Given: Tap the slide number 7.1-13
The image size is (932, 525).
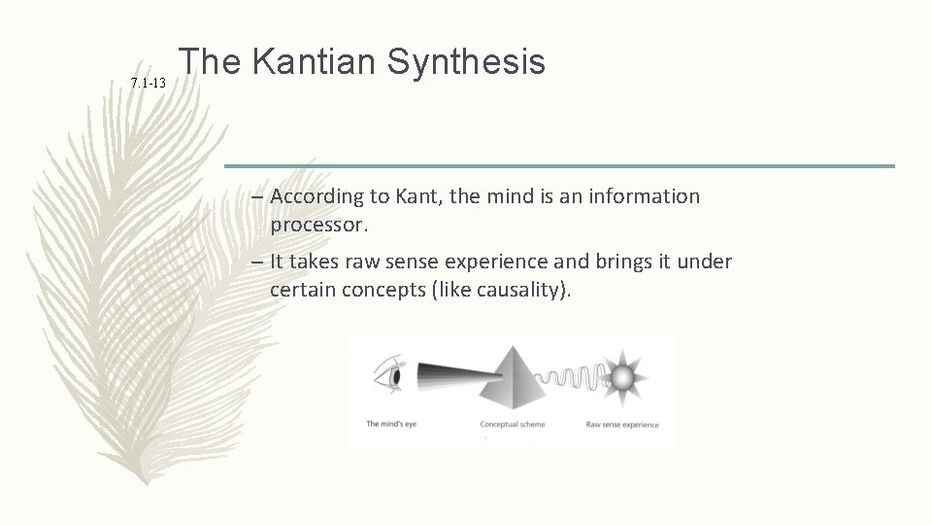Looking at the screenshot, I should click(149, 86).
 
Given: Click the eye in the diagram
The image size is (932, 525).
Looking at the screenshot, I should click(384, 375).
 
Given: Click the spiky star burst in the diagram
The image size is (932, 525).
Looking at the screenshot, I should click(621, 376).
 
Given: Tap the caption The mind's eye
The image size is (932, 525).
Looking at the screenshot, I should click(392, 424).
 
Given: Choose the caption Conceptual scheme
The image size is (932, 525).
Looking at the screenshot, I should click(513, 424).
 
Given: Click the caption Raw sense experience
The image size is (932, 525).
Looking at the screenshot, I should click(621, 424).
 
